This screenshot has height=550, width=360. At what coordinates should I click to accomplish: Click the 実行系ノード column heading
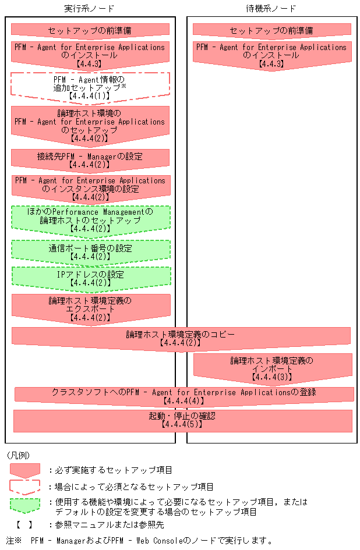pyautogui.click(x=89, y=8)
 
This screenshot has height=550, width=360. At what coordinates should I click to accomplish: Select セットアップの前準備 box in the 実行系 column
pyautogui.click(x=90, y=30)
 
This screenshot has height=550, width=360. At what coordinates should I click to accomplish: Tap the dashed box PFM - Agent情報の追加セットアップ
pyautogui.click(x=90, y=86)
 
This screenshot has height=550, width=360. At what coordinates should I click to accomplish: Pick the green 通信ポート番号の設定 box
pyautogui.click(x=90, y=251)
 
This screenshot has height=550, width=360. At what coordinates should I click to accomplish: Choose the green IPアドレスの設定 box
pyautogui.click(x=90, y=278)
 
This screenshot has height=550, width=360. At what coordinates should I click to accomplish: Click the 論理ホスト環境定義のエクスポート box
pyautogui.click(x=90, y=309)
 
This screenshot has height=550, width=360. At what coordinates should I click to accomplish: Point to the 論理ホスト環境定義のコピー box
pyautogui.click(x=180, y=338)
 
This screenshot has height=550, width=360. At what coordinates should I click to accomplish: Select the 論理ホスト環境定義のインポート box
pyautogui.click(x=273, y=368)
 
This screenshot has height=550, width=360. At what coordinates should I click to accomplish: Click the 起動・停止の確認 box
pyautogui.click(x=182, y=420)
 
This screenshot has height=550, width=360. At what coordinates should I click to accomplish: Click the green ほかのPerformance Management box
pyautogui.click(x=90, y=221)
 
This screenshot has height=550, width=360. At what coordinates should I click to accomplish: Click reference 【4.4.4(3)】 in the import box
pyautogui.click(x=273, y=377)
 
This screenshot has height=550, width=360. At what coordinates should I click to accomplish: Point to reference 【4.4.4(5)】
pyautogui.click(x=182, y=425)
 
